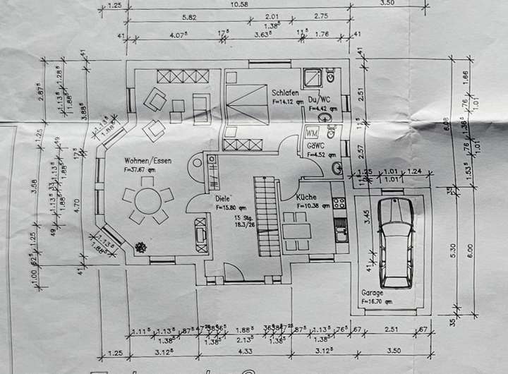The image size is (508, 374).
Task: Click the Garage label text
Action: coord(373,292)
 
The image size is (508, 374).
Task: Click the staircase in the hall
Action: coord(267,216)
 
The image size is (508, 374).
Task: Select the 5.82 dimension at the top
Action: coord(188,17)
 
